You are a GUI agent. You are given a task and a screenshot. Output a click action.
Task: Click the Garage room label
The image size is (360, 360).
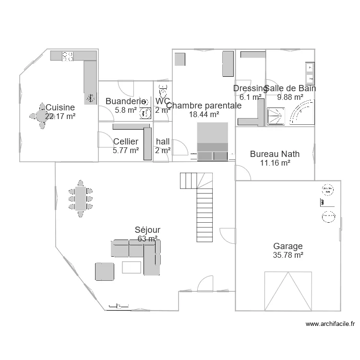288,246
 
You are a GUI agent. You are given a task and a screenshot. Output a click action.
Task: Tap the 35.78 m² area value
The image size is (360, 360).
288,255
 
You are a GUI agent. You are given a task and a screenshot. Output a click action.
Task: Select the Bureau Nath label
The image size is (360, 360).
275,154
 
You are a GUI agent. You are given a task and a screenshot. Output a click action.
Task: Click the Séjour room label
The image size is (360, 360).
147,230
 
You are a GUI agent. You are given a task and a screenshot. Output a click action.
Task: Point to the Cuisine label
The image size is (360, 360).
60,108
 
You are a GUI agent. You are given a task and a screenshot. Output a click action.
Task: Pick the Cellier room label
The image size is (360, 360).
126,142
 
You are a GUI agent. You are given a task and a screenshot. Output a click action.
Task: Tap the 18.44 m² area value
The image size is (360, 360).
204,114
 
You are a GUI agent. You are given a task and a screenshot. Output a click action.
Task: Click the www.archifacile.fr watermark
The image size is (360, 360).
331,324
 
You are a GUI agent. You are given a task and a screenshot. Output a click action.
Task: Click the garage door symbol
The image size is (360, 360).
288,290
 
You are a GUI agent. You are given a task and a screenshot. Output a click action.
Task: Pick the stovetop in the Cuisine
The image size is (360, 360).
68,56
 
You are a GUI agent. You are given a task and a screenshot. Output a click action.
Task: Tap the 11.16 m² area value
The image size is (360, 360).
275,163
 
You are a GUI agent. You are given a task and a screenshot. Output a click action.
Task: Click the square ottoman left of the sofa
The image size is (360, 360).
105,271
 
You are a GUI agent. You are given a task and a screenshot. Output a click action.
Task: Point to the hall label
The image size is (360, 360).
163,142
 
